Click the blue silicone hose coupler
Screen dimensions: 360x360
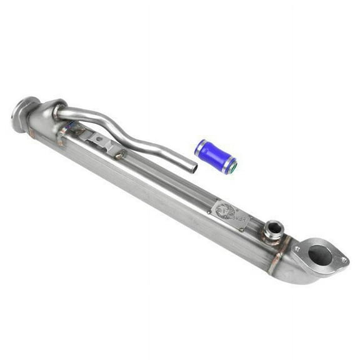point(214,156)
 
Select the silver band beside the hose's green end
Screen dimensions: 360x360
point(226,164)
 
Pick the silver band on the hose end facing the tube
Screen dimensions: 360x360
point(199,147)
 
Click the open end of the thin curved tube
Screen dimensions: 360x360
point(193,167)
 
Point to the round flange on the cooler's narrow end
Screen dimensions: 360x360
point(24,114)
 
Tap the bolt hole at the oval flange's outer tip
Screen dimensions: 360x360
point(343,261)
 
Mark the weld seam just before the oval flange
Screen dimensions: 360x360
point(284,247)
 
